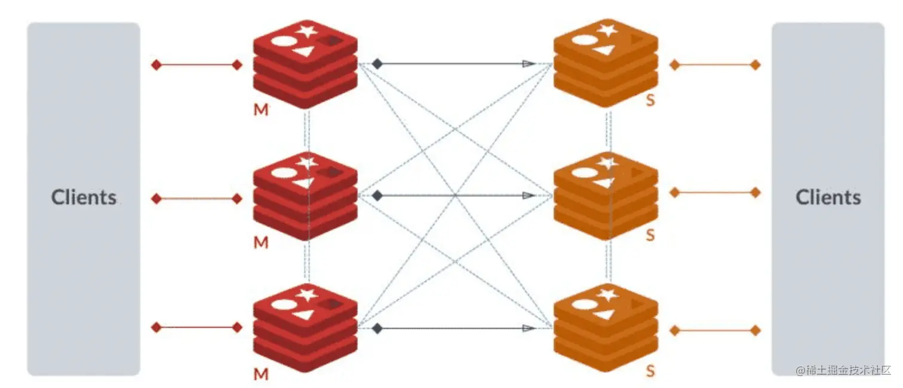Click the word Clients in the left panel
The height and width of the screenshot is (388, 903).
coord(84,198)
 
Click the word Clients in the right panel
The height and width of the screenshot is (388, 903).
coord(828,198)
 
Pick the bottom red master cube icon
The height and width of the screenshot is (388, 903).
coord(305,328)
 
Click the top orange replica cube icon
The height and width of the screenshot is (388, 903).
coord(606,63)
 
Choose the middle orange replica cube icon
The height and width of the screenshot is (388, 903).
coord(606,195)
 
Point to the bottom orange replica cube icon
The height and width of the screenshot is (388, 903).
coord(606,328)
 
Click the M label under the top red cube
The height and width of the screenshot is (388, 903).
coord(261,110)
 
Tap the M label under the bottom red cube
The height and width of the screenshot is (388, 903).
coord(261,374)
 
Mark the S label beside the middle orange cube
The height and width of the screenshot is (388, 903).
coord(650,235)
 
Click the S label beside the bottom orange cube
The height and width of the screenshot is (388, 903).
coord(650,371)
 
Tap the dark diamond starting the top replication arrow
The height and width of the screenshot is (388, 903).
coord(377,63)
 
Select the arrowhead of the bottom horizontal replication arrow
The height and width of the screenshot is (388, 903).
coord(528,328)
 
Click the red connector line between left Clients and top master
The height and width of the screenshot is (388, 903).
coord(196,65)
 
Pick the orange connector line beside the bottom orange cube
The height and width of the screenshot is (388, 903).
coord(715,330)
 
